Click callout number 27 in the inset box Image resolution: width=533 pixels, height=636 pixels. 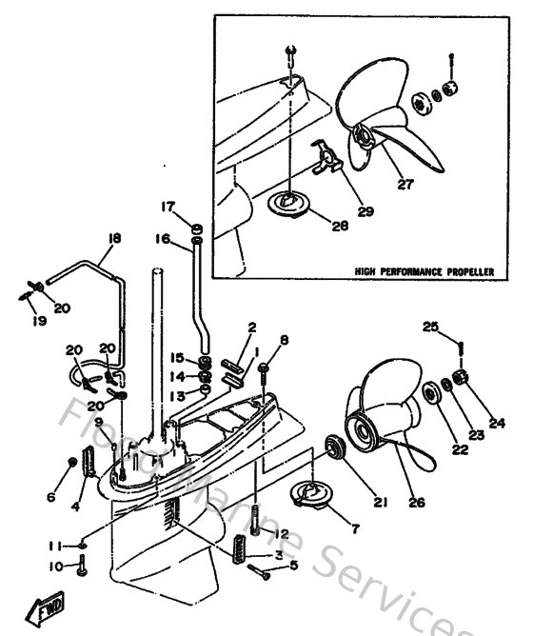click(x=405, y=185)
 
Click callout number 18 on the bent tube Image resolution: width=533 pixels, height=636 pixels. click(x=114, y=239)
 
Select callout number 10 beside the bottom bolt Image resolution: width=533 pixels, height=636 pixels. click(x=55, y=566)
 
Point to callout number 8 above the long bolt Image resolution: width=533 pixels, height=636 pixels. click(x=283, y=340)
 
